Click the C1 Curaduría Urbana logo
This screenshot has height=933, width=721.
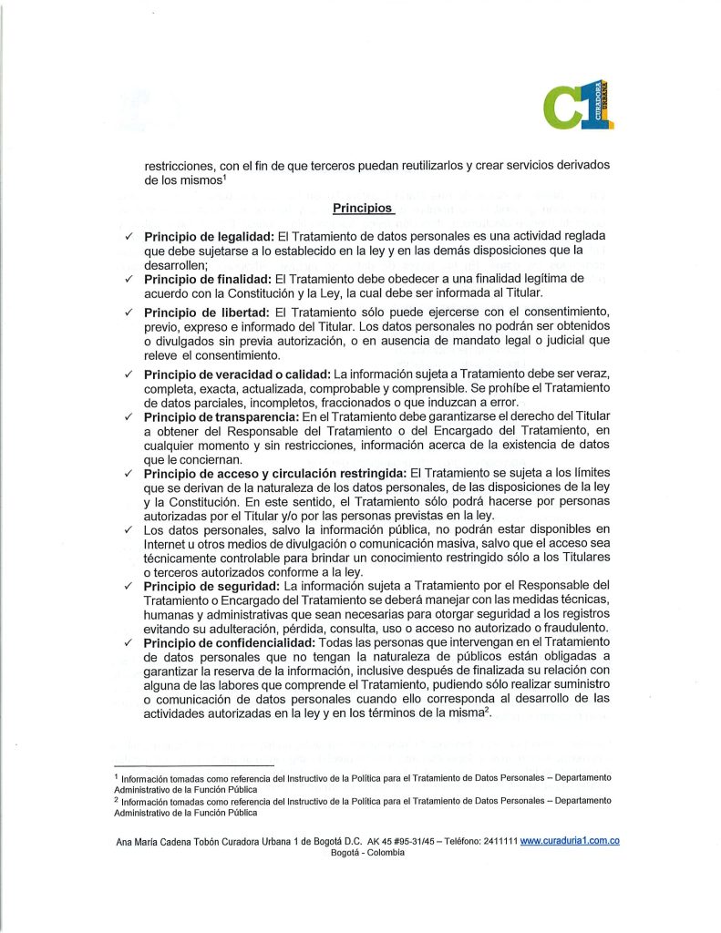[x=578, y=106]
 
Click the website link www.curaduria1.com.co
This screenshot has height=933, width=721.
[x=570, y=841]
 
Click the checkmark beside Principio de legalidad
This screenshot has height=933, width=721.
[x=130, y=238]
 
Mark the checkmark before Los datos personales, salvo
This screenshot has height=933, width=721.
[x=130, y=528]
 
